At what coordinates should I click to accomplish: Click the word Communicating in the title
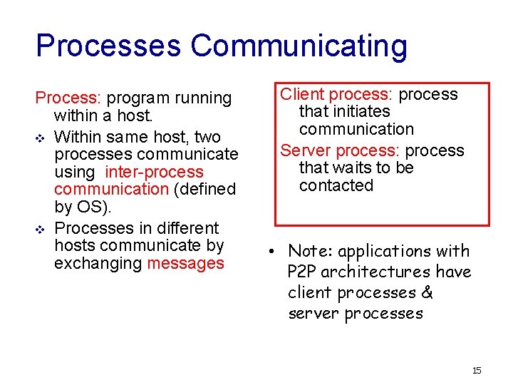coord(299,46)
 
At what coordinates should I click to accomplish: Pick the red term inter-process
coord(154,172)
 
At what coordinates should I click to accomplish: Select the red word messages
coord(185,263)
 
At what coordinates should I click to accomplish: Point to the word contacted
coord(336,185)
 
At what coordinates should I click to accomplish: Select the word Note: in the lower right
coord(311,251)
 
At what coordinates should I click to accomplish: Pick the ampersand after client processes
coord(427,292)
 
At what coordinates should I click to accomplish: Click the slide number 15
coord(477,370)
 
